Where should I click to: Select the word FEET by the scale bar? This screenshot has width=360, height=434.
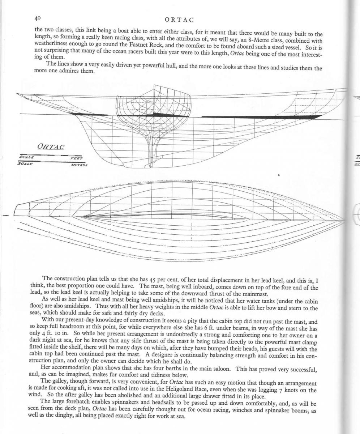pos(76,158)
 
